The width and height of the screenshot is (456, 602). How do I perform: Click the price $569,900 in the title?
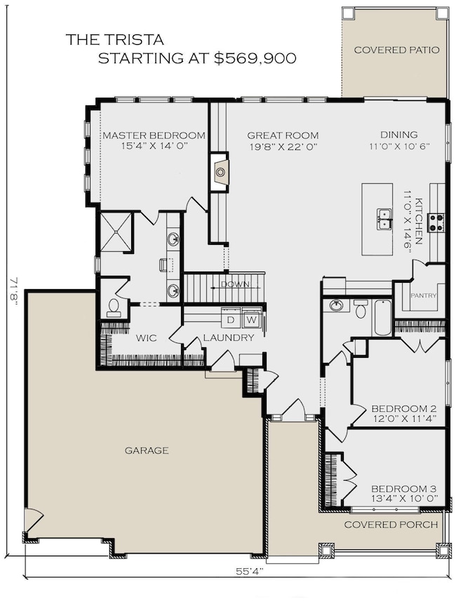tap(255, 59)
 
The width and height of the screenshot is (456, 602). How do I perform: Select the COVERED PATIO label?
tap(396, 50)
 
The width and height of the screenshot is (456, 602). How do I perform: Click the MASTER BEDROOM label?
tap(154, 135)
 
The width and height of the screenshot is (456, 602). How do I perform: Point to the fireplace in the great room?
tap(221, 170)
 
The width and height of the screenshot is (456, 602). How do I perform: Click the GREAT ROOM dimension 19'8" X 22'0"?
tap(283, 147)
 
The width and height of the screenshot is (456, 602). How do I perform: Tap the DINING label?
tap(398, 135)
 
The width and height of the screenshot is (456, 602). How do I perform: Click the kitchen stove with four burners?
tap(436, 222)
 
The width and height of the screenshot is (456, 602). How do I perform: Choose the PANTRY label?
tap(423, 295)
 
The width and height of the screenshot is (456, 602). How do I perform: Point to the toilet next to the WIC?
tap(113, 307)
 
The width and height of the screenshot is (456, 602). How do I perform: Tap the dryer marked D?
tap(230, 321)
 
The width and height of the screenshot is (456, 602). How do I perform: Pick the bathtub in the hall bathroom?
tap(382, 318)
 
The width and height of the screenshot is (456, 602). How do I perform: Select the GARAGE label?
tap(147, 450)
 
